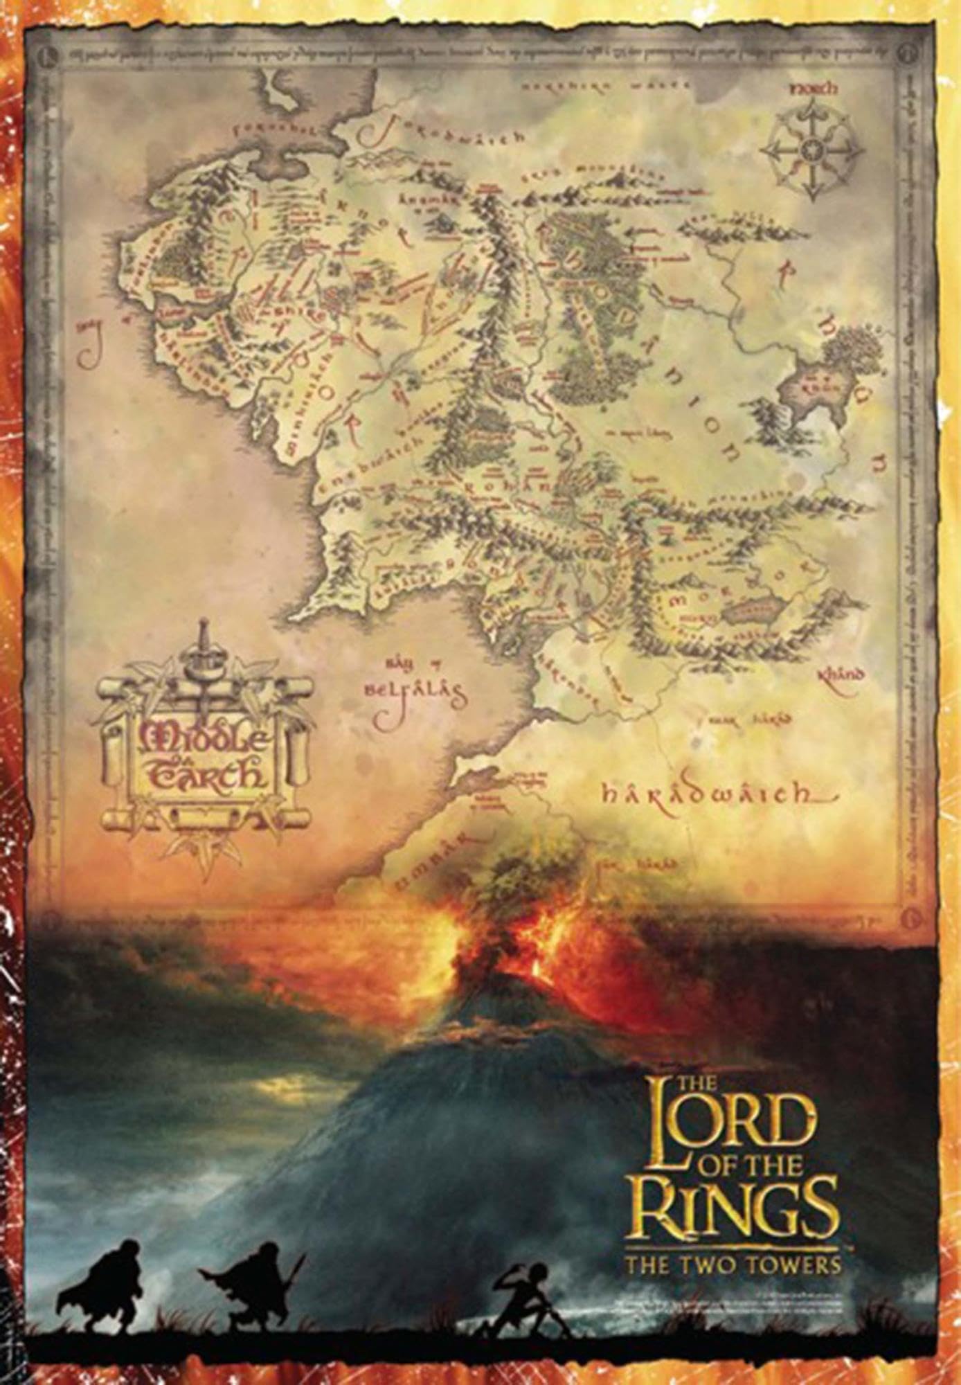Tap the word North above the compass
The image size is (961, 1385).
point(811,89)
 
